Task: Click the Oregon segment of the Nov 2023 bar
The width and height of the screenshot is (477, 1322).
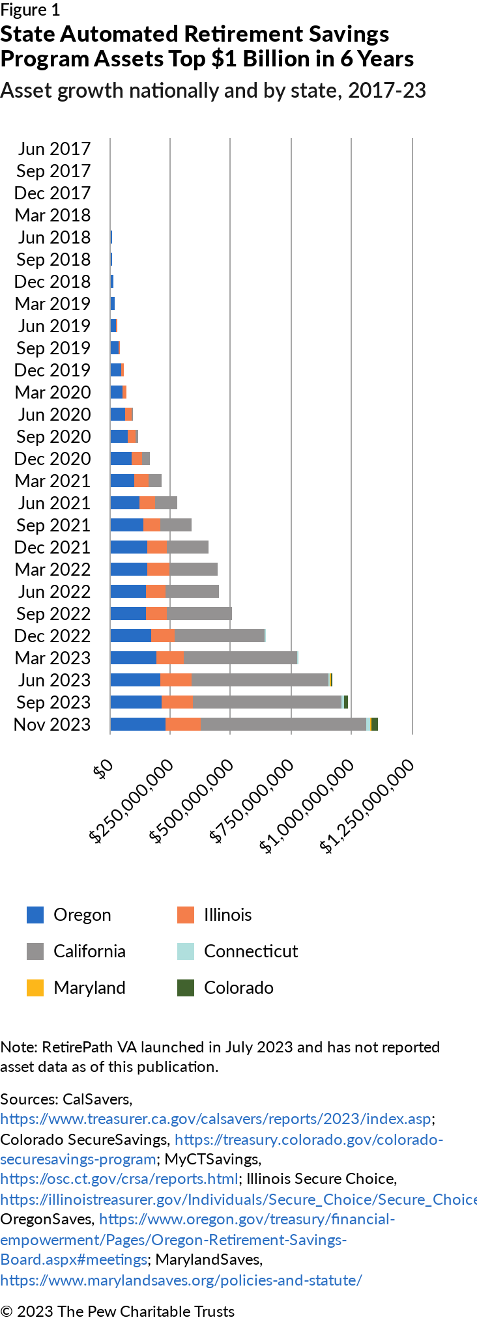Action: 138,724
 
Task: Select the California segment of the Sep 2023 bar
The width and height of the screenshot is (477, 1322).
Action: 267,702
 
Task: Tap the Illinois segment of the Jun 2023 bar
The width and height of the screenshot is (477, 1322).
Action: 176,680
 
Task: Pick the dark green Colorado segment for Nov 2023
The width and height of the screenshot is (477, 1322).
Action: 375,724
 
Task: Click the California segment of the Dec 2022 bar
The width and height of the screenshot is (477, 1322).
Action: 220,636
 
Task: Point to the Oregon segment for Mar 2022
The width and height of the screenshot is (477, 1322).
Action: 129,569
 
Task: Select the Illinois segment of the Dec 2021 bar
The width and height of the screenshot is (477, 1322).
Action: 157,547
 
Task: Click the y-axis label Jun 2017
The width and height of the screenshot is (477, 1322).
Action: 54,149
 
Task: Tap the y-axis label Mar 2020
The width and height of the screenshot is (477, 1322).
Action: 53,392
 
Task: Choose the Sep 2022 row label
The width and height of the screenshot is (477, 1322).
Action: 53,614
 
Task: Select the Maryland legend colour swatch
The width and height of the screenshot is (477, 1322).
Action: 35,988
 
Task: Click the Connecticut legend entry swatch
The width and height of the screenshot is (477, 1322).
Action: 186,951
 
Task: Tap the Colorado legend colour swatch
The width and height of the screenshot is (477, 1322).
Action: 186,988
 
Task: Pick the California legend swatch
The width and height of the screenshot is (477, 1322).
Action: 35,951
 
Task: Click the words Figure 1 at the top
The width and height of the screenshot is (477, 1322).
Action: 30,10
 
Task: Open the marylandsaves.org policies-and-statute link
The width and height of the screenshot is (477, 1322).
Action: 181,1280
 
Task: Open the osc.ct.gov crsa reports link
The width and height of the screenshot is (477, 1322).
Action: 119,1178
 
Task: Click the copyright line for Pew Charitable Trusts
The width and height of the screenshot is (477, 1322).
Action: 117,1311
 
